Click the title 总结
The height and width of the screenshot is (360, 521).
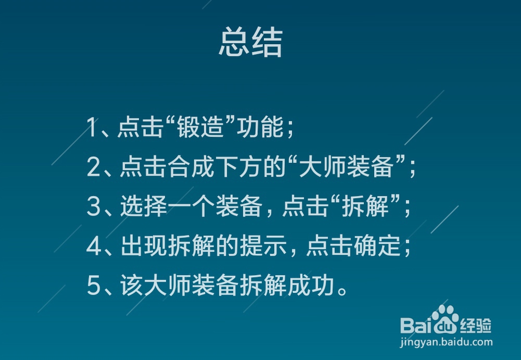coord(251,42)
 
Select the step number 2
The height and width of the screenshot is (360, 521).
coord(93,166)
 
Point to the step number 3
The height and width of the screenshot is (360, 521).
coord(93,206)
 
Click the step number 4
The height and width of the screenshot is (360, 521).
coord(94,246)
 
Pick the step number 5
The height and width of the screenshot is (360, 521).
coord(93,285)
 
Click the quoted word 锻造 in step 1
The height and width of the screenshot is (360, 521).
coord(200,127)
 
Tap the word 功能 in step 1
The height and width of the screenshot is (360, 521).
coord(260,127)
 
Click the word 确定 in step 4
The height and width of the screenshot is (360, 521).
coord(377,246)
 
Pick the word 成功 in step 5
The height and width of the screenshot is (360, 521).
coord(311,285)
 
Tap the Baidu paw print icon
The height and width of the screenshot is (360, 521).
coord(445,318)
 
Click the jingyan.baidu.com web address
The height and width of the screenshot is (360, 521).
coord(446,342)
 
